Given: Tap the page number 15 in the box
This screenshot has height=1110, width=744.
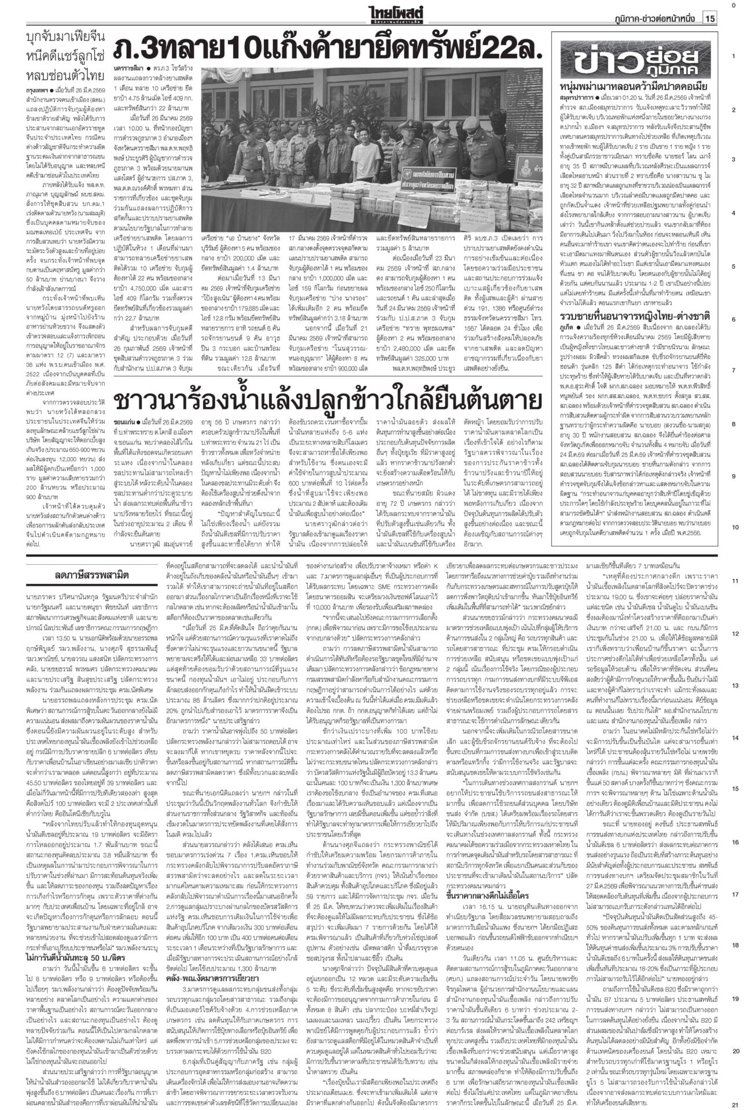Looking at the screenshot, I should coord(710,19).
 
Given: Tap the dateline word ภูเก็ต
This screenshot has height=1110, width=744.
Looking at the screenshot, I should coord(566,327).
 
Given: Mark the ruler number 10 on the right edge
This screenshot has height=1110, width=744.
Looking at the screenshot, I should coord(734,527).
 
